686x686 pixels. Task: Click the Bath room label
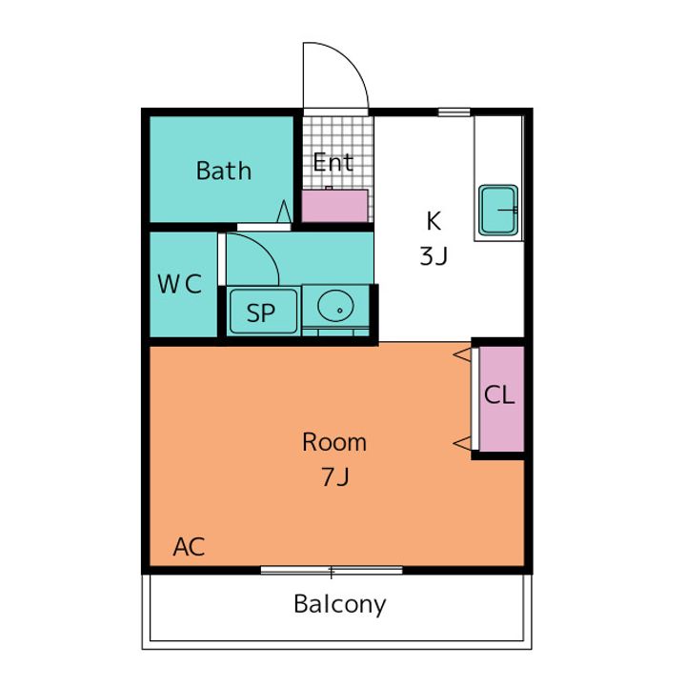coord(224,171)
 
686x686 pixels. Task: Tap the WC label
coord(179,284)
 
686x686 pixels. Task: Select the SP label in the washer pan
coord(261,313)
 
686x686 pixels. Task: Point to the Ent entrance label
coord(333,162)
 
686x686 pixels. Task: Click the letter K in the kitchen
coord(434,220)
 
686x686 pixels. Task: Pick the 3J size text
coord(434,256)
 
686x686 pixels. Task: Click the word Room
coord(334,442)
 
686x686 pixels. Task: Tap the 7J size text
coord(335,476)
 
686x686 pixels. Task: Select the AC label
coord(189,547)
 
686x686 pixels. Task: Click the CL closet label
coord(499,395)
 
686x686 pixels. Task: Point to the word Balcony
coord(340,605)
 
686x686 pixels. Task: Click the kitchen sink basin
coord(498,210)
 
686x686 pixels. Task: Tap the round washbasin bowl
coord(335,306)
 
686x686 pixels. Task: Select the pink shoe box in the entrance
coord(334,206)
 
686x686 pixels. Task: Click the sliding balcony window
coord(332,570)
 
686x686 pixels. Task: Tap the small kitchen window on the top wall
coord(454,112)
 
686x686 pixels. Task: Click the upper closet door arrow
coord(462,354)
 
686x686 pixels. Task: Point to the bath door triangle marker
coord(284,212)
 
